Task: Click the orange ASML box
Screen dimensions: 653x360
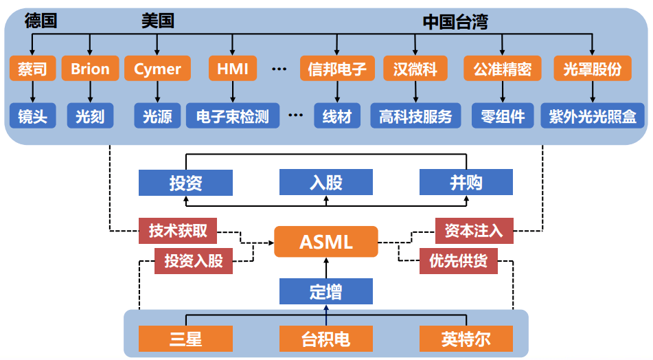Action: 326,242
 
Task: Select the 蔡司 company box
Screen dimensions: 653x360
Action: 32,68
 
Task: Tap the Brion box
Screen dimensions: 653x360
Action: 90,68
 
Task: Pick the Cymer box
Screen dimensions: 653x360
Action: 157,68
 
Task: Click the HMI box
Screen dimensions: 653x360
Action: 232,68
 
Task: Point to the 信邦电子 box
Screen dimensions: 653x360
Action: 337,68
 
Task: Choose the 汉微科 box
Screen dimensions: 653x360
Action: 415,68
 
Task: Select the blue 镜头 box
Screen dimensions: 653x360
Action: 32,115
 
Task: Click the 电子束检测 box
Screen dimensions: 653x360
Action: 232,115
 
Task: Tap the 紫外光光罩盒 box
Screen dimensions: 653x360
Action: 592,115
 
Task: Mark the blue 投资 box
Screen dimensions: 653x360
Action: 186,183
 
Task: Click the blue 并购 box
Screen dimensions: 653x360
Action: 466,182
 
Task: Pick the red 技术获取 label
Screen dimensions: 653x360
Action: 178,230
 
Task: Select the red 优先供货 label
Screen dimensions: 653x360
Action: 459,261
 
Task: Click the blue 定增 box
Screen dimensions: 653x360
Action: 326,291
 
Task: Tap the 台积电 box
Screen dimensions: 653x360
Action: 326,339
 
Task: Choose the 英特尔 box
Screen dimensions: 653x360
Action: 466,339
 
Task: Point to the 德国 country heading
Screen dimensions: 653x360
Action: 41,21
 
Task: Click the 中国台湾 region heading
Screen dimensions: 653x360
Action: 455,22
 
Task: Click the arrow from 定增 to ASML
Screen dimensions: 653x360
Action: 326,268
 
